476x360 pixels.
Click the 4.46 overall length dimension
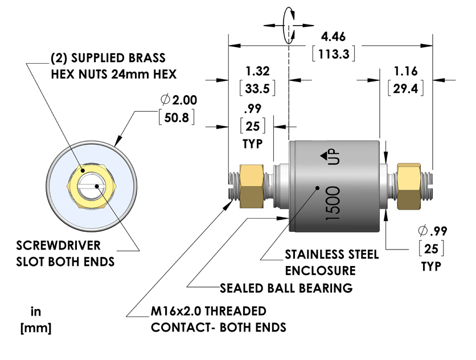(x=334, y=37)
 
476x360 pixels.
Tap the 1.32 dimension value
(x=257, y=71)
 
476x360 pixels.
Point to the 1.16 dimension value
(x=406, y=71)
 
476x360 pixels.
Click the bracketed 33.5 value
(x=257, y=88)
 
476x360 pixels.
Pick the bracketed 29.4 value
(x=406, y=88)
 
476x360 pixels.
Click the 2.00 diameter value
(x=183, y=100)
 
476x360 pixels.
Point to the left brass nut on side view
(x=251, y=186)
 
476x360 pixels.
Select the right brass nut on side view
(x=409, y=186)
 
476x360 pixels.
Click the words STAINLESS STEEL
(x=331, y=254)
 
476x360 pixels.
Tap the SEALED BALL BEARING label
(x=286, y=288)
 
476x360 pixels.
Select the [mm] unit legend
(x=36, y=329)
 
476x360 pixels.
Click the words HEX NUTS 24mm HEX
(x=114, y=73)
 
